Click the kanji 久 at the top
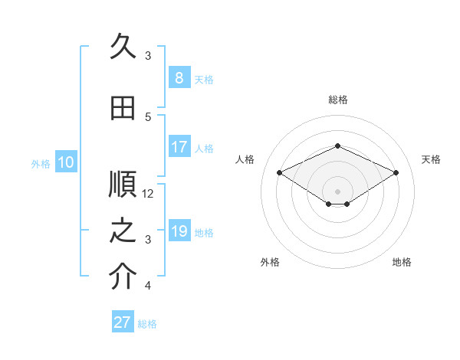[x=123, y=46]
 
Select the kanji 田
[x=123, y=108]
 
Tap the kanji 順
[x=123, y=184]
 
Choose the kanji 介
[x=123, y=276]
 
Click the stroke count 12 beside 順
[x=147, y=194]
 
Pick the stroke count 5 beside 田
[x=148, y=117]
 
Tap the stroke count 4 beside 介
[x=148, y=285]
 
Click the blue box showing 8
[x=179, y=77]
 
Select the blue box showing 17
[x=179, y=146]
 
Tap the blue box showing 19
[x=179, y=230]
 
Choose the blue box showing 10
[x=66, y=162]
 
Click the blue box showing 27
[x=123, y=321]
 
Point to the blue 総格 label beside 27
[x=147, y=324]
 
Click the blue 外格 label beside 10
[x=41, y=164]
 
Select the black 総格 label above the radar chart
[x=338, y=100]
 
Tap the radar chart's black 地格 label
[x=402, y=262]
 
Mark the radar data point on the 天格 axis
[x=396, y=172]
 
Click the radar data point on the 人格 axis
[x=279, y=172]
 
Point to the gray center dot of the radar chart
[x=337, y=191]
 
